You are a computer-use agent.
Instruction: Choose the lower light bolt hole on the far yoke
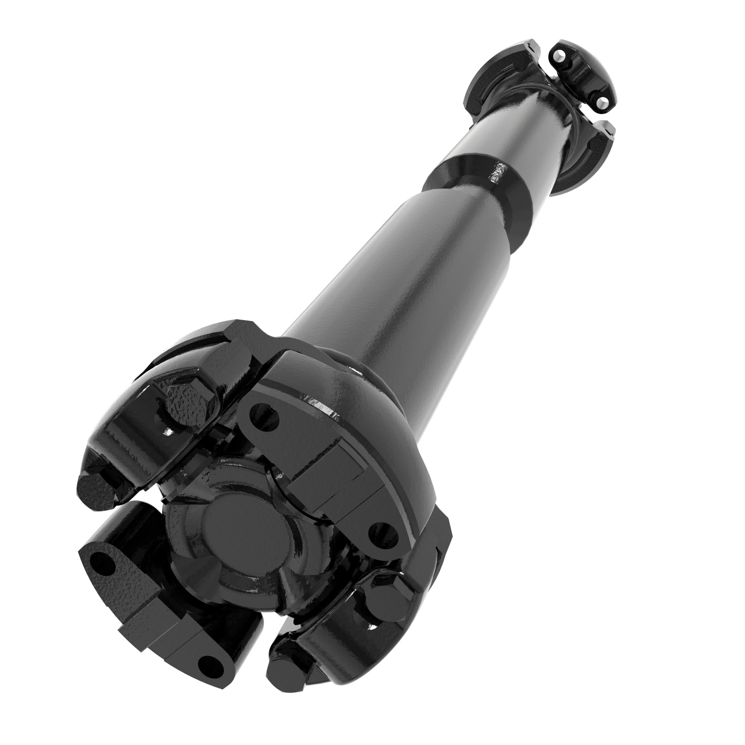(x=602, y=101)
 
